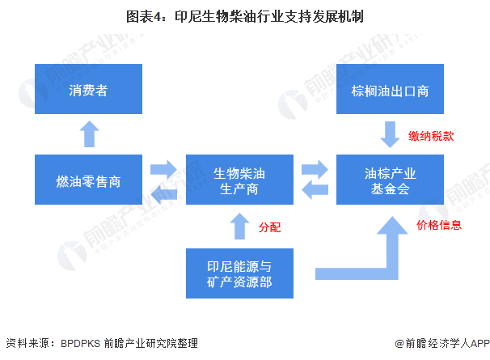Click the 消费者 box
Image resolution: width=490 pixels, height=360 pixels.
(88, 90)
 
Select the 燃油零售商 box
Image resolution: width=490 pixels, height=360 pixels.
(88, 179)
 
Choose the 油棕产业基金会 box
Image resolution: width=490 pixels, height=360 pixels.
(391, 179)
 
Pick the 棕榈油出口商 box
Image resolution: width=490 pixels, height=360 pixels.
(391, 90)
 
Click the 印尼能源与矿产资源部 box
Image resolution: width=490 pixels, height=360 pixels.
(239, 273)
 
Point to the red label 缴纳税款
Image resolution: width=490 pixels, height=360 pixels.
(431, 136)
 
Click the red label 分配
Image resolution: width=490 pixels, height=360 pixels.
(269, 227)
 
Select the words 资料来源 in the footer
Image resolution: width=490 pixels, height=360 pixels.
(27, 344)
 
